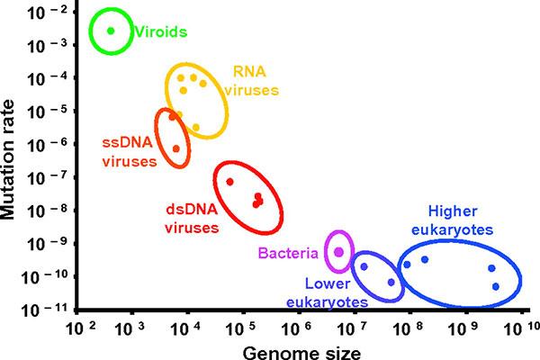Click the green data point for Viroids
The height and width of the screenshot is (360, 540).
pyautogui.click(x=111, y=31)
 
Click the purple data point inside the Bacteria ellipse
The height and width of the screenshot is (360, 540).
pyautogui.click(x=338, y=252)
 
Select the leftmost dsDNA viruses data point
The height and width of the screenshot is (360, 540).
pyautogui.click(x=229, y=182)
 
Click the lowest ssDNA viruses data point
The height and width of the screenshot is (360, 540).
pyautogui.click(x=176, y=148)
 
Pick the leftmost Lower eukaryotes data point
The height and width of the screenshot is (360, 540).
pyautogui.click(x=364, y=266)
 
